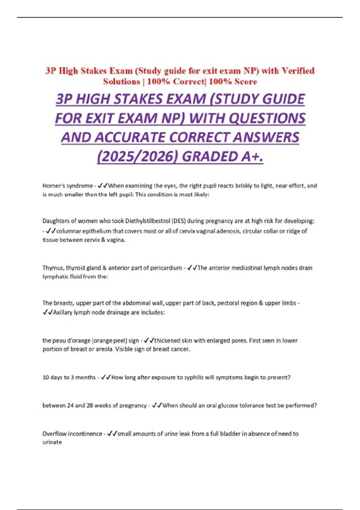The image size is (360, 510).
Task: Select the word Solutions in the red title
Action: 121,82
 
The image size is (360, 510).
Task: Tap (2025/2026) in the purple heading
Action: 138,156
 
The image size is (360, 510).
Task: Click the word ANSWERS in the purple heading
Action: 266,137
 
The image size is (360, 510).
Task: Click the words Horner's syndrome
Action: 67,186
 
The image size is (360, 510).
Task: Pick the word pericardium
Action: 167,268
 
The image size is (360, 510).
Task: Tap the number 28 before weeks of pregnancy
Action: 90,406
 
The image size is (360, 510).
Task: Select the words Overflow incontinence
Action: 72,434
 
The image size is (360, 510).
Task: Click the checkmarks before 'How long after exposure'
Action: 106,377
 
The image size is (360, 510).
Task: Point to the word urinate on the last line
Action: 52,442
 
